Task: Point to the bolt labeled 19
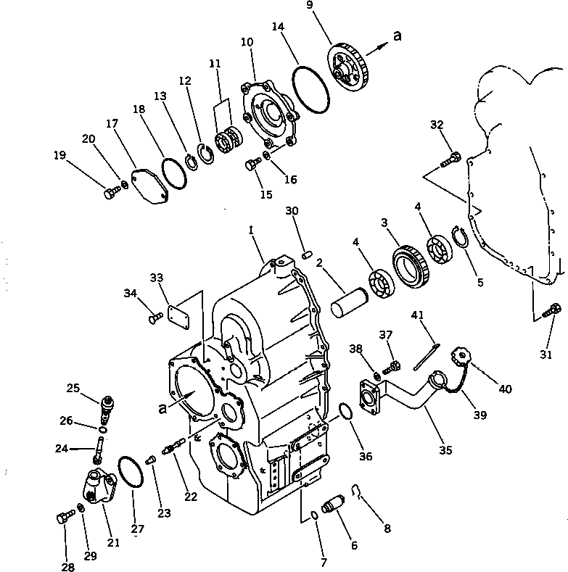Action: tap(111, 192)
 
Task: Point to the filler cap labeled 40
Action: tap(463, 357)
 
